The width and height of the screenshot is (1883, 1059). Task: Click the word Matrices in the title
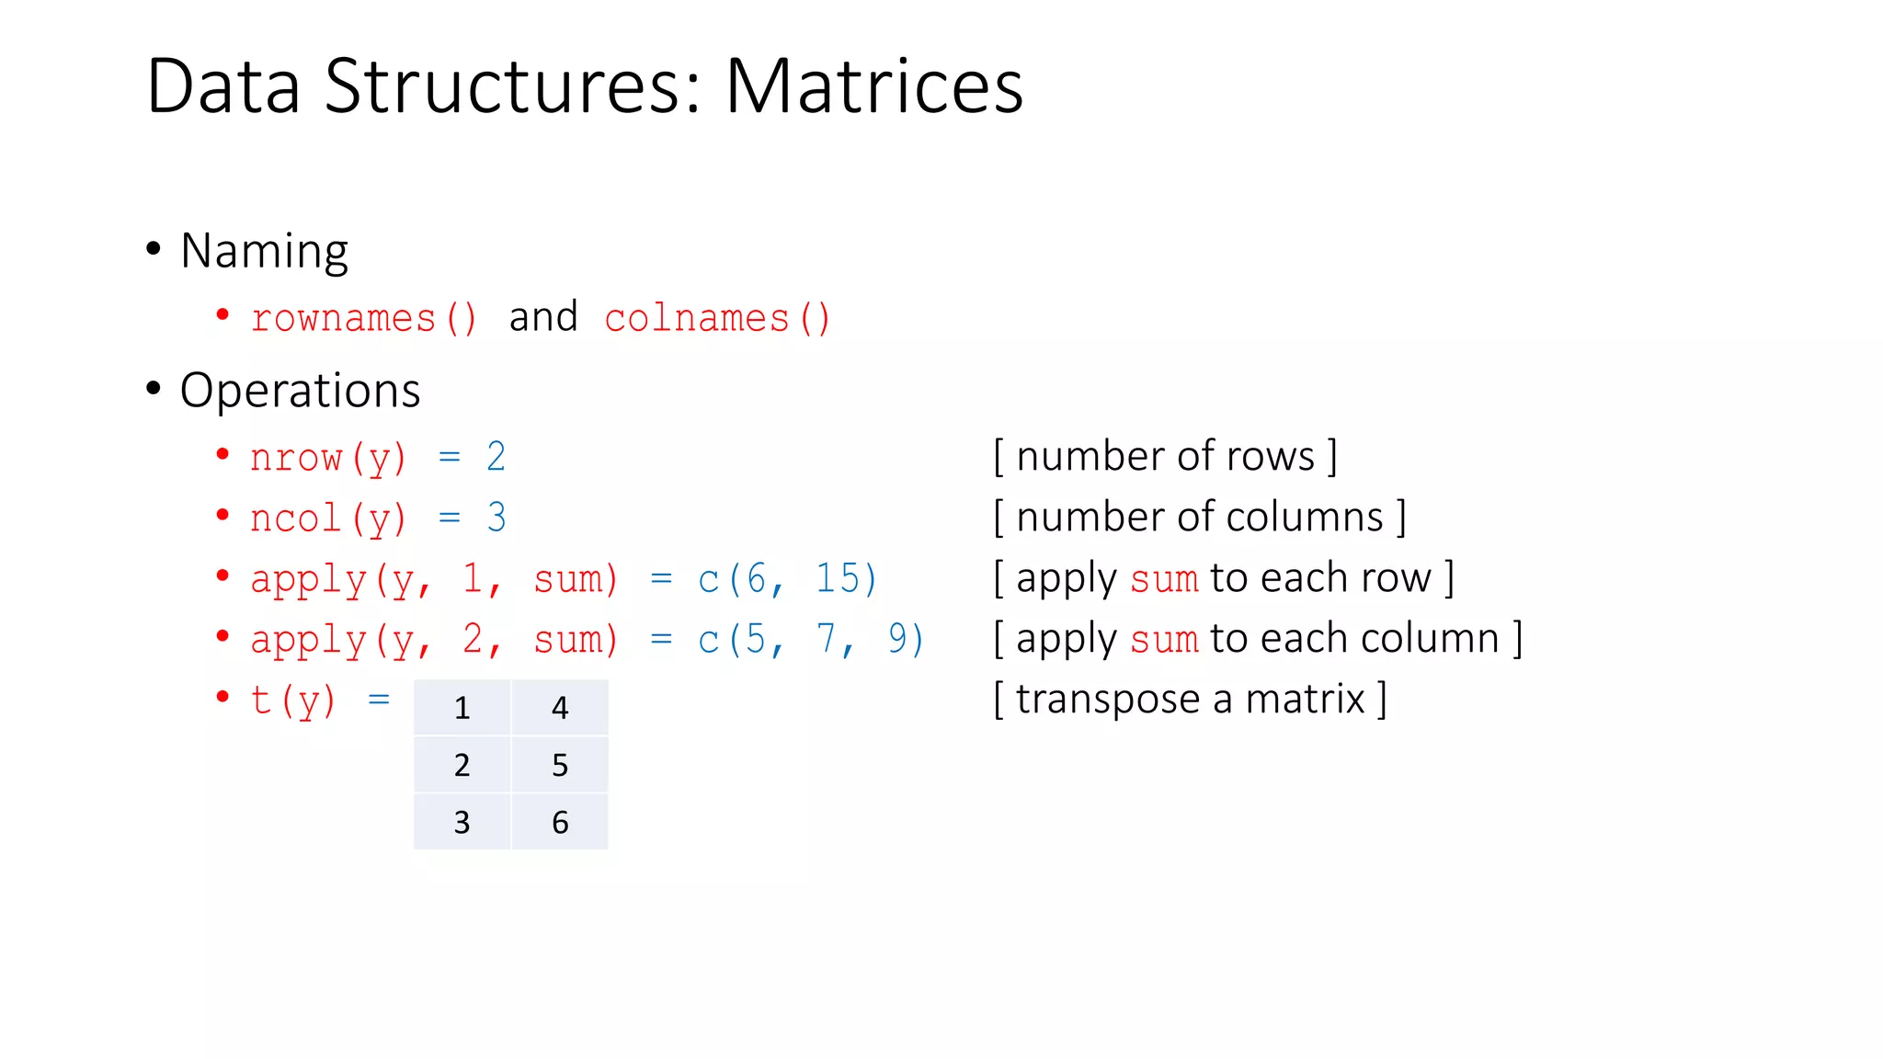click(873, 86)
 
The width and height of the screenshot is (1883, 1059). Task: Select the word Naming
click(264, 251)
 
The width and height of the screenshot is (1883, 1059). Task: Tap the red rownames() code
click(364, 319)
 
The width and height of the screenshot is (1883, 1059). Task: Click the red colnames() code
click(717, 319)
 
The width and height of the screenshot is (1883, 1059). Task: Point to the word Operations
click(300, 391)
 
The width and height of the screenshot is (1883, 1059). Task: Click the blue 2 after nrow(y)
click(496, 457)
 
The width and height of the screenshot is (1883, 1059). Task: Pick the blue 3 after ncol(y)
click(496, 518)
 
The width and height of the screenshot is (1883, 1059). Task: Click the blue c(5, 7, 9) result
click(810, 639)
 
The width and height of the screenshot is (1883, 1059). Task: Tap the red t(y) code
click(293, 700)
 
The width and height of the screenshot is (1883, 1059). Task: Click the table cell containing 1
click(462, 708)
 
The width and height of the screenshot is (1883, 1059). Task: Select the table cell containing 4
click(560, 708)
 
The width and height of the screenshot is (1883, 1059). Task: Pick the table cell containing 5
click(560, 765)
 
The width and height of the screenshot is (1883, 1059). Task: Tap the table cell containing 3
click(462, 822)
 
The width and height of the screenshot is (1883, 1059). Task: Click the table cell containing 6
click(560, 822)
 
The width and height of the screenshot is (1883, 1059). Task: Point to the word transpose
click(1108, 700)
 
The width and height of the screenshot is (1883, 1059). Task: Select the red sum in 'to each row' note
click(1164, 579)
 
